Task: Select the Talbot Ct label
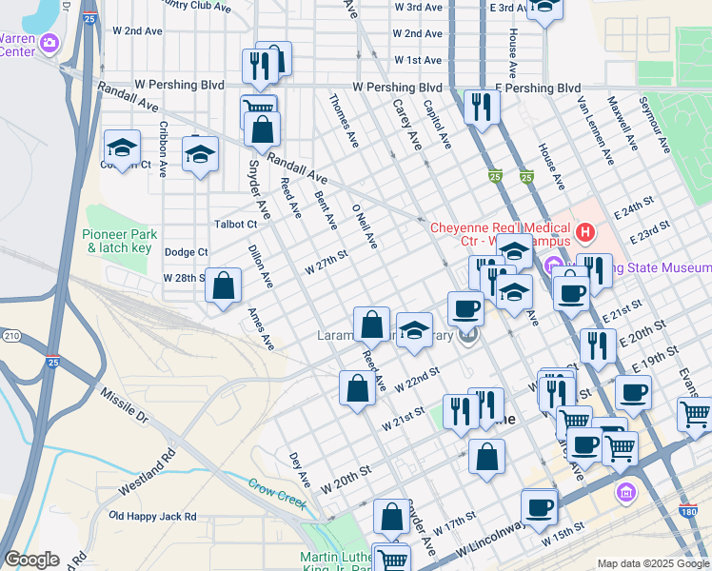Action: pyautogui.click(x=237, y=225)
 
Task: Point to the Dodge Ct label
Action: pyautogui.click(x=186, y=252)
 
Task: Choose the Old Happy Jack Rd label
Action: pyautogui.click(x=152, y=517)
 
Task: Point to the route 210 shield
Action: pyautogui.click(x=11, y=336)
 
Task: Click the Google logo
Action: pyautogui.click(x=32, y=560)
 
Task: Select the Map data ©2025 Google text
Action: pyautogui.click(x=652, y=563)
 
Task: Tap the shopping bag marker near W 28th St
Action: pyautogui.click(x=223, y=285)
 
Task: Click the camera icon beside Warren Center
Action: pyautogui.click(x=50, y=43)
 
